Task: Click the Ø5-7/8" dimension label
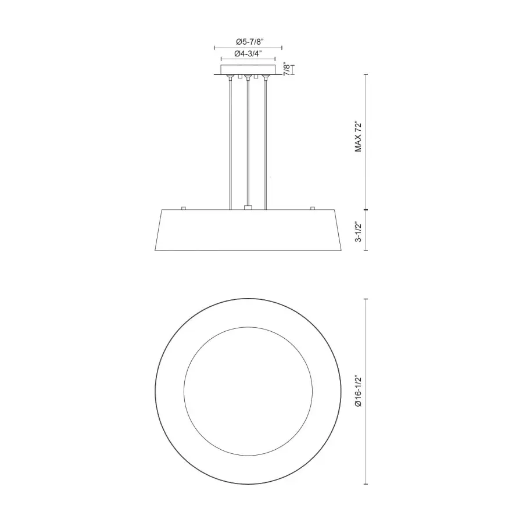click(x=250, y=42)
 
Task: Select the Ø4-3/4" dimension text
click(x=248, y=53)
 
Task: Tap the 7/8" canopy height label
click(x=287, y=69)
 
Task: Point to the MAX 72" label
click(x=358, y=137)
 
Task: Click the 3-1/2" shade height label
click(x=358, y=231)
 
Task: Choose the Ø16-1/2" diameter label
click(x=358, y=391)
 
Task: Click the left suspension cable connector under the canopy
click(x=230, y=78)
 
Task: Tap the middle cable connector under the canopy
click(x=248, y=78)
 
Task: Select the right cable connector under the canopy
click(x=266, y=78)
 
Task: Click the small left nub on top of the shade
click(x=183, y=208)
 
